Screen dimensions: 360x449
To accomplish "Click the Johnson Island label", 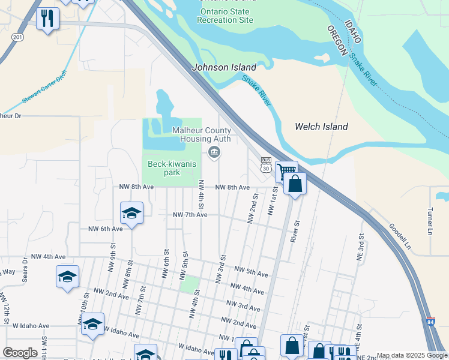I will pyautogui.click(x=223, y=68).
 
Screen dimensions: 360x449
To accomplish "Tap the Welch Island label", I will pyautogui.click(x=321, y=127).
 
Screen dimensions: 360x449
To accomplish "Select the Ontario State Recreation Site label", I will pyautogui.click(x=227, y=15).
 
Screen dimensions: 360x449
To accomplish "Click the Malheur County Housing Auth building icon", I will pyautogui.click(x=214, y=153).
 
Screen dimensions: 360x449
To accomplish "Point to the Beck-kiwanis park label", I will pyautogui.click(x=163, y=167).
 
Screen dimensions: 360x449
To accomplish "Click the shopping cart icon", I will pyautogui.click(x=286, y=171).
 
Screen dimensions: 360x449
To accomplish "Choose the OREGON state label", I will pyautogui.click(x=338, y=41).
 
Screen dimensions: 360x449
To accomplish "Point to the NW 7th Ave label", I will pyautogui.click(x=190, y=215).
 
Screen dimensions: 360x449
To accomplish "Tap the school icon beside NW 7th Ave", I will pyautogui.click(x=132, y=213).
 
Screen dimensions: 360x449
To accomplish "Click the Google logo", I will pyautogui.click(x=20, y=353).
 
